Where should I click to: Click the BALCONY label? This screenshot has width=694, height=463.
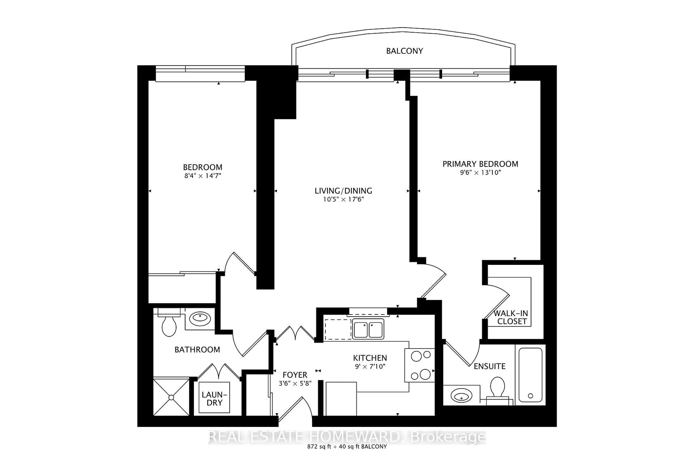[404, 51]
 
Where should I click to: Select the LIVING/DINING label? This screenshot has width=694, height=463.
[343, 191]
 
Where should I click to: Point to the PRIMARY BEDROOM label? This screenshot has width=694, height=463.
[480, 164]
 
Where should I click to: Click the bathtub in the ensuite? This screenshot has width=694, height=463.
[530, 375]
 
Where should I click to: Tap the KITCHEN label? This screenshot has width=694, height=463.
[370, 358]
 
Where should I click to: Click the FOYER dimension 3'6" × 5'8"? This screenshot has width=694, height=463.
[295, 384]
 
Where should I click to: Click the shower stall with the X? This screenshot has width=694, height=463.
[171, 398]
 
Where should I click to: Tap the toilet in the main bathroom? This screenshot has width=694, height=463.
[169, 326]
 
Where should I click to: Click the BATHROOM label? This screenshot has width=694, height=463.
[197, 350]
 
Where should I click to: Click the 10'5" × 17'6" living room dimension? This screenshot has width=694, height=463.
[343, 199]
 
